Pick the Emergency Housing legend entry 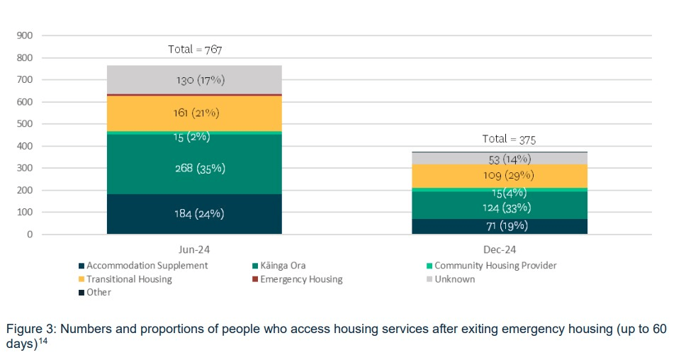coord(300,279)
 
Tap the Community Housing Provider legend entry coord(495,266)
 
